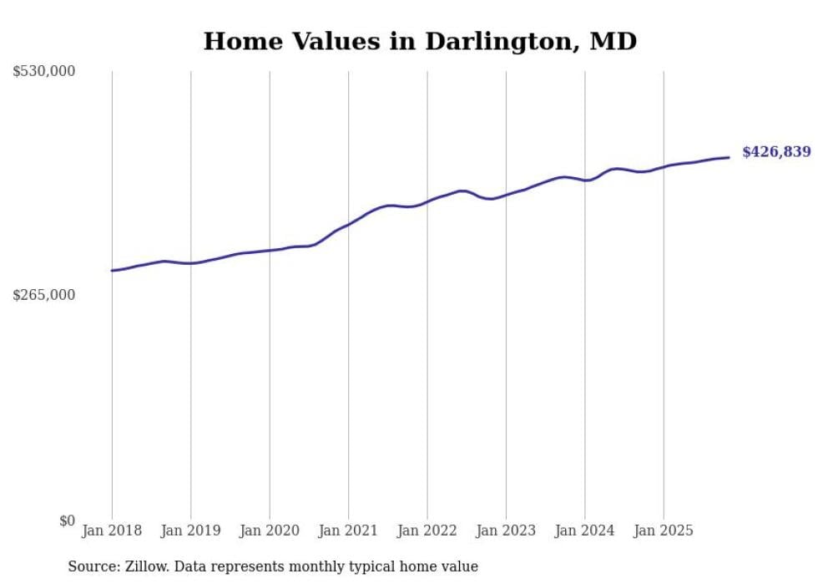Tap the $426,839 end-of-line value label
[776, 152]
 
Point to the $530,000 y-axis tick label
[43, 72]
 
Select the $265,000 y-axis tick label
[43, 295]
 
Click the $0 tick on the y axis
[67, 521]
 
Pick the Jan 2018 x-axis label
[112, 531]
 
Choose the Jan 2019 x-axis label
[190, 531]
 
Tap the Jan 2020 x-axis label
[270, 531]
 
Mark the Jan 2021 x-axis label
[348, 531]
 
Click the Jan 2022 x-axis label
[427, 531]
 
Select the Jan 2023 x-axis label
[506, 531]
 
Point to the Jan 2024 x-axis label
[584, 531]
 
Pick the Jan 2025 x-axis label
[664, 531]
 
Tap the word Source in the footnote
[90, 567]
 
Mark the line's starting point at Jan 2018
[112, 271]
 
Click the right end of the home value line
[729, 157]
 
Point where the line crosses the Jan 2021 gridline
[348, 225]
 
